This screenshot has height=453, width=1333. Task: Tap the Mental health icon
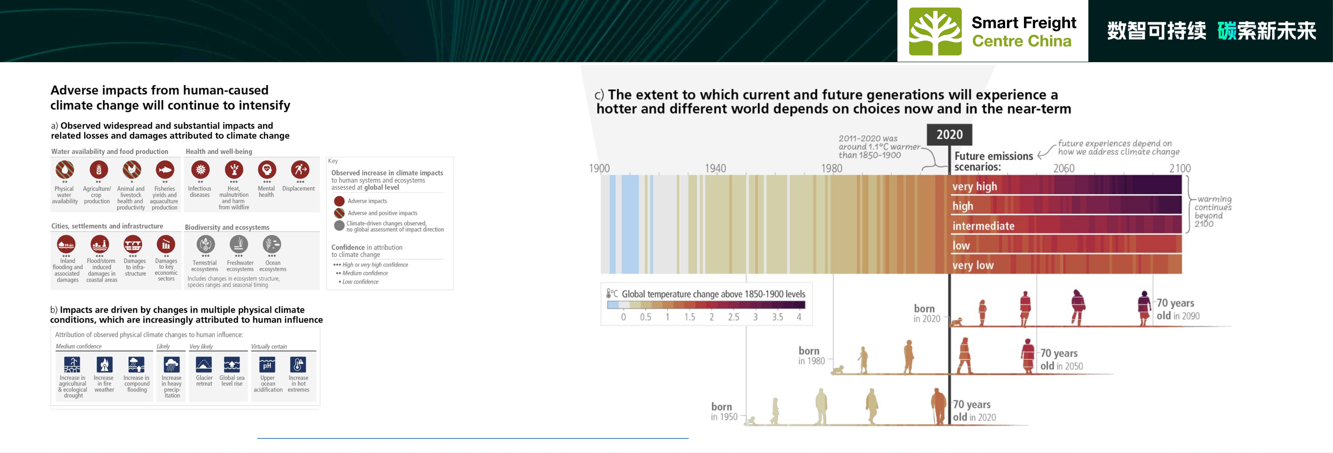pos(267,170)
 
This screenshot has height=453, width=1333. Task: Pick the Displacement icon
pos(300,170)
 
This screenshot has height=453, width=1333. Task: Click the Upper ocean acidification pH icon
pos(267,365)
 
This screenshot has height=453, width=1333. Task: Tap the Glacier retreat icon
pos(204,365)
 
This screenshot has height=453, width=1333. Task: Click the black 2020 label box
pos(950,134)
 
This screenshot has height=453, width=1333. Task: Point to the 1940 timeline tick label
pos(716,168)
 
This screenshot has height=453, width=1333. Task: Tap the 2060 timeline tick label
pos(1064,168)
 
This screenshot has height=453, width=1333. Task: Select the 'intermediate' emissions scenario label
pos(984,226)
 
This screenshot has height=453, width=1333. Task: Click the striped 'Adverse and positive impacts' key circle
pos(339,213)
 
